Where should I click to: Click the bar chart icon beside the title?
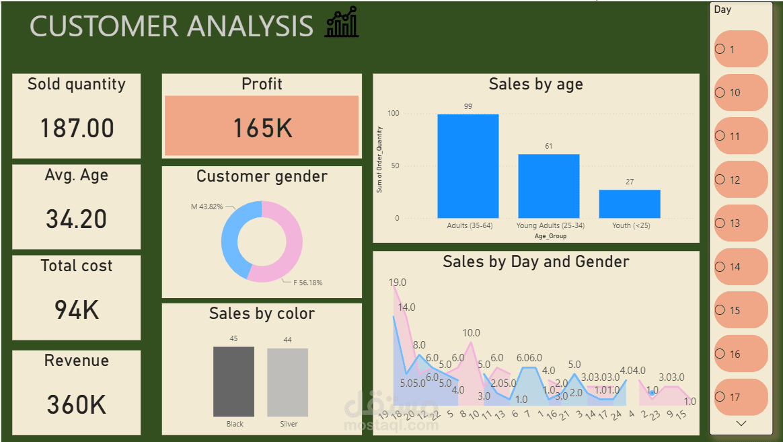click(342, 23)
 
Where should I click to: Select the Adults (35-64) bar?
click(468, 166)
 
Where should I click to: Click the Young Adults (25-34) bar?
click(548, 186)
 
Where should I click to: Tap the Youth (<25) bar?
click(630, 204)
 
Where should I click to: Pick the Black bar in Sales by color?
click(233, 381)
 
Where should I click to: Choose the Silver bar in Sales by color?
click(287, 382)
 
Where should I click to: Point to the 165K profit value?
click(262, 128)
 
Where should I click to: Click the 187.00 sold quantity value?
click(77, 128)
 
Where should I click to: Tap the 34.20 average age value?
click(77, 219)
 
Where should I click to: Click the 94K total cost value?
click(77, 310)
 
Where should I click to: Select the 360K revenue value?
click(77, 405)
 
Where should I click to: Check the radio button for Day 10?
click(720, 93)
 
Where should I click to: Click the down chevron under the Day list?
click(741, 424)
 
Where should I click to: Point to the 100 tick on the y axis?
click(393, 114)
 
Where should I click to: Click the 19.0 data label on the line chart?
click(398, 283)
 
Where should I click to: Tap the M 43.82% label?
click(207, 207)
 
